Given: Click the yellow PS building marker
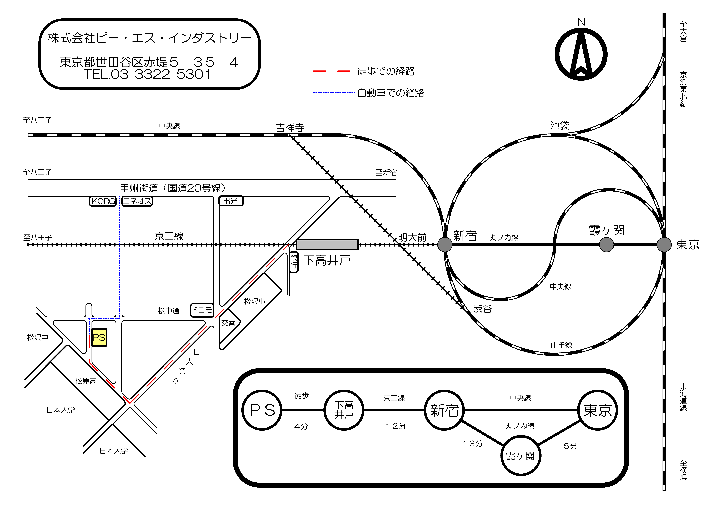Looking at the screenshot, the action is (99, 337).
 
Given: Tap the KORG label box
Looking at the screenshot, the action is (103, 201).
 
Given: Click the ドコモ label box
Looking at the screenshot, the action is (202, 310).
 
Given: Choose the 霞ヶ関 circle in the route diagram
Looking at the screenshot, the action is (520, 456).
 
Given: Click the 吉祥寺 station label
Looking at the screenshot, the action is (290, 128).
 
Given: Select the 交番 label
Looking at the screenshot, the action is (228, 323).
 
